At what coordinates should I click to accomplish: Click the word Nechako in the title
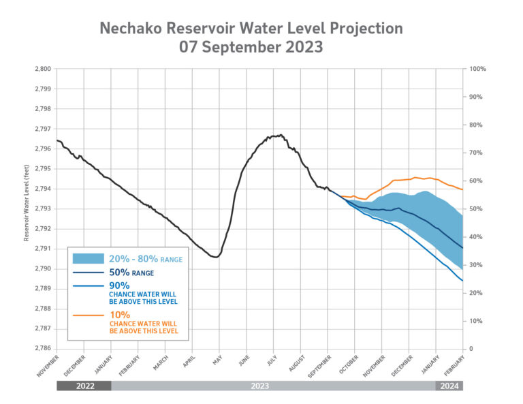[x=135, y=29]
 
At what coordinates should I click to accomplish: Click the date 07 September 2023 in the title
[x=251, y=48]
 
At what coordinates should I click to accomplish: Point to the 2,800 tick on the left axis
[x=42, y=69]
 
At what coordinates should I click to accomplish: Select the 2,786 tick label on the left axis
[x=42, y=348]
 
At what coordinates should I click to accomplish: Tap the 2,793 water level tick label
[x=42, y=208]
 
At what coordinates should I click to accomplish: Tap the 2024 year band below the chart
[x=449, y=386]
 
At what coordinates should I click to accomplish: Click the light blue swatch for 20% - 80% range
[x=89, y=259]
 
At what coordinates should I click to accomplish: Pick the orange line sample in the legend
[x=89, y=317]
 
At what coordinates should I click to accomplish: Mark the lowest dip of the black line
[x=215, y=257]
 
